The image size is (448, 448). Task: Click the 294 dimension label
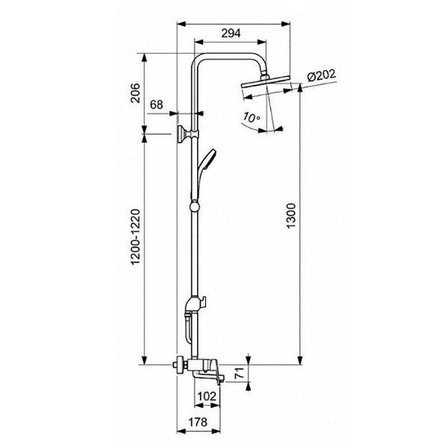231,34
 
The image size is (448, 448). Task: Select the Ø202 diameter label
321,76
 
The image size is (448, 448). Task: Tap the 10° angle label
251,117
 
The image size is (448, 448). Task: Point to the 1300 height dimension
291,216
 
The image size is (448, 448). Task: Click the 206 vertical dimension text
135,93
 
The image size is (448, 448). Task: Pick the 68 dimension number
157,105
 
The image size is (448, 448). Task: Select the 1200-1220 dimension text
136,237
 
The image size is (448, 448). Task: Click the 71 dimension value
240,373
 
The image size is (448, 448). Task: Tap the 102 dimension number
207,396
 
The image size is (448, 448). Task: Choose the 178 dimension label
198,422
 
